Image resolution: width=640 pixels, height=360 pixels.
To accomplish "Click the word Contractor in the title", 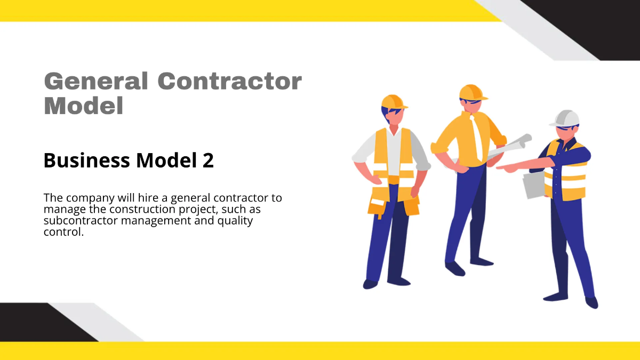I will coord(230,82).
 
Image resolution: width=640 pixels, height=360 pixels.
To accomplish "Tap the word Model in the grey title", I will coord(84,106).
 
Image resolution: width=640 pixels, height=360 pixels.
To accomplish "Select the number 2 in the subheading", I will coord(208,160).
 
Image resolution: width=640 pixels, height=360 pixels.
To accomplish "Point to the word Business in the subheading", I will coord(85,160).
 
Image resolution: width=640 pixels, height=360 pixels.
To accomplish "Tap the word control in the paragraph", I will coord(63,232).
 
